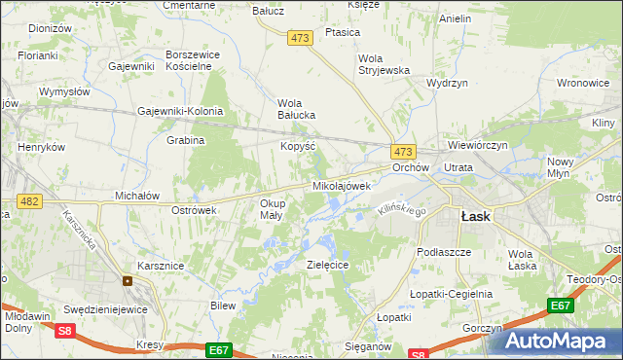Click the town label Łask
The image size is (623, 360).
click(x=475, y=217)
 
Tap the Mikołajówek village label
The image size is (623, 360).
click(x=341, y=185)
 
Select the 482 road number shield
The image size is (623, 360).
click(x=29, y=200)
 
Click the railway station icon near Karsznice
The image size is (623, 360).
click(x=128, y=281)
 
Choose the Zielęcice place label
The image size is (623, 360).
click(x=328, y=264)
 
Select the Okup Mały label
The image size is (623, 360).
click(x=271, y=209)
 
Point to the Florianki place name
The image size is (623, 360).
click(x=36, y=55)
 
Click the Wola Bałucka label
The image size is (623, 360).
click(x=296, y=108)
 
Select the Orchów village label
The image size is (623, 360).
click(x=411, y=167)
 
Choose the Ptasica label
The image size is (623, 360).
click(x=344, y=32)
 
